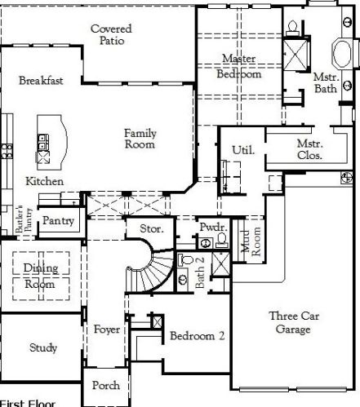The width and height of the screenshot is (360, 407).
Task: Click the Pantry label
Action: tap(59, 220)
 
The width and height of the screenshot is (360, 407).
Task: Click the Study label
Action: tap(42, 348)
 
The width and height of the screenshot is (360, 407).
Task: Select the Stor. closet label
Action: tap(153, 229)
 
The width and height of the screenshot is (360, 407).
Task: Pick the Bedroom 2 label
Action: tap(197, 335)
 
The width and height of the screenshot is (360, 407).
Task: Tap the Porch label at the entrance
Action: tap(106, 385)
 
